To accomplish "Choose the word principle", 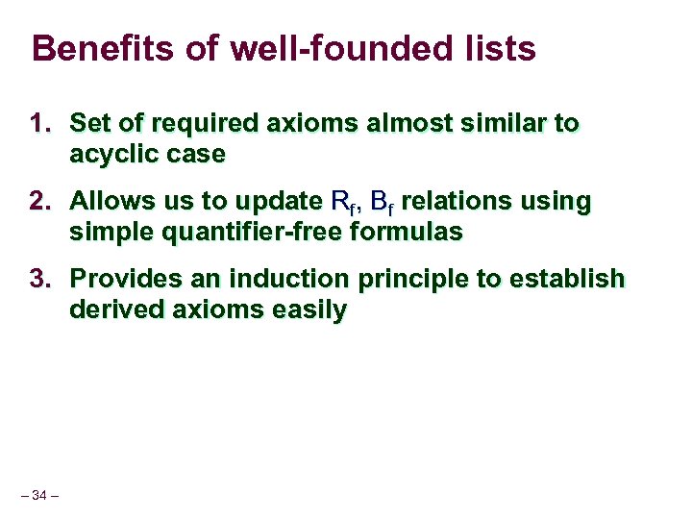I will pos(420,280).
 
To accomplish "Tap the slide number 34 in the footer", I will pos(39,495).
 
